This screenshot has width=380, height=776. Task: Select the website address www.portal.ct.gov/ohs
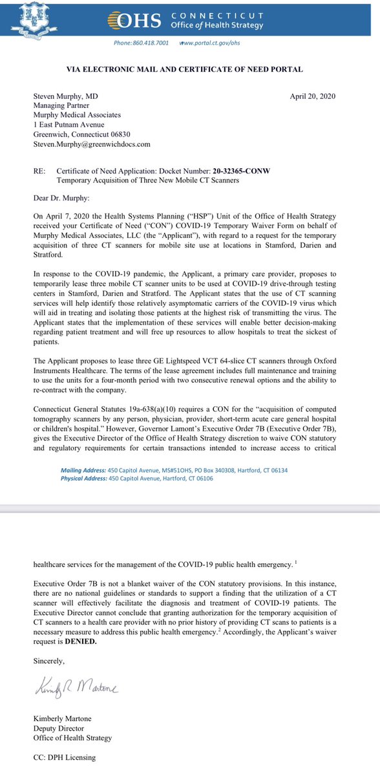pyautogui.click(x=213, y=43)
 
